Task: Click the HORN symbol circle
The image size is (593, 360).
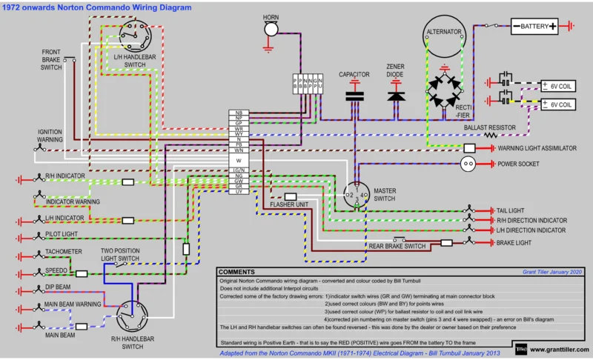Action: [x=272, y=28]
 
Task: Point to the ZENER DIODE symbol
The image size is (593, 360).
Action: [x=396, y=95]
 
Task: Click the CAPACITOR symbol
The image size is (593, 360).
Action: [x=354, y=95]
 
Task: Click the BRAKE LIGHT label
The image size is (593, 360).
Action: [x=514, y=241]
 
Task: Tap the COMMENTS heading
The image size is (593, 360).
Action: [x=239, y=272]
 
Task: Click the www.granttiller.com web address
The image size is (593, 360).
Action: [x=560, y=347]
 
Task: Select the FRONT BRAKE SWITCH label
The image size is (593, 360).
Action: [x=52, y=60]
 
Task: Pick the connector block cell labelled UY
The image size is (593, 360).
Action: [x=239, y=192]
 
